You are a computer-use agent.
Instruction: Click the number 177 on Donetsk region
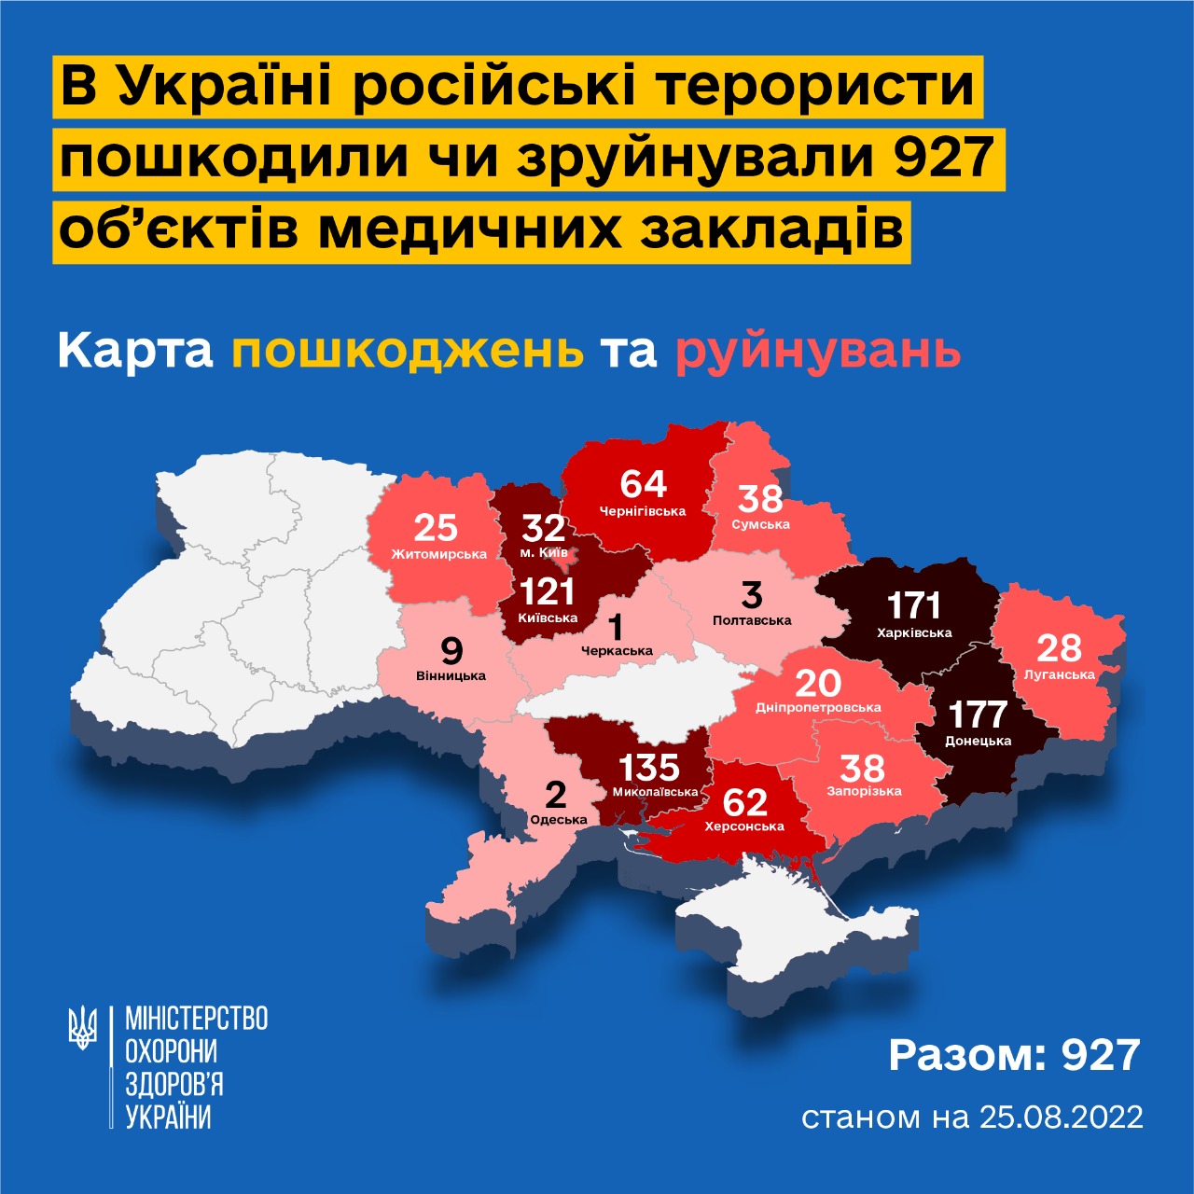(978, 715)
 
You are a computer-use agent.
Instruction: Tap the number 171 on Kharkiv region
(914, 605)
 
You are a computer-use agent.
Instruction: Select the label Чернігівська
(643, 511)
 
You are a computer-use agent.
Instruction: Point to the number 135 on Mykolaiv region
(649, 768)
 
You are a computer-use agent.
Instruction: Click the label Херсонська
(744, 826)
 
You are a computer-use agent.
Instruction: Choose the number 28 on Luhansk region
(1059, 648)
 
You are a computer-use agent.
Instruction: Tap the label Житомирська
(438, 554)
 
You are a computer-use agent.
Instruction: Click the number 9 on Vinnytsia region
(451, 650)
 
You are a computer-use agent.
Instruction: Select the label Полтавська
(752, 619)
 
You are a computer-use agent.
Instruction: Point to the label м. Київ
(543, 552)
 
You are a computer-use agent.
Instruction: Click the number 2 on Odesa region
(555, 795)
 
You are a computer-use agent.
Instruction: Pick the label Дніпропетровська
(818, 707)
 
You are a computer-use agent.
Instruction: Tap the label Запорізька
(864, 791)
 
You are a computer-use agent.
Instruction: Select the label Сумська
(760, 524)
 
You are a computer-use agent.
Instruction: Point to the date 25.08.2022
(1062, 1117)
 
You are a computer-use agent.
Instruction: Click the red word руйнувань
(818, 352)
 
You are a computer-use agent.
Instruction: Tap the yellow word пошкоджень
(408, 352)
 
